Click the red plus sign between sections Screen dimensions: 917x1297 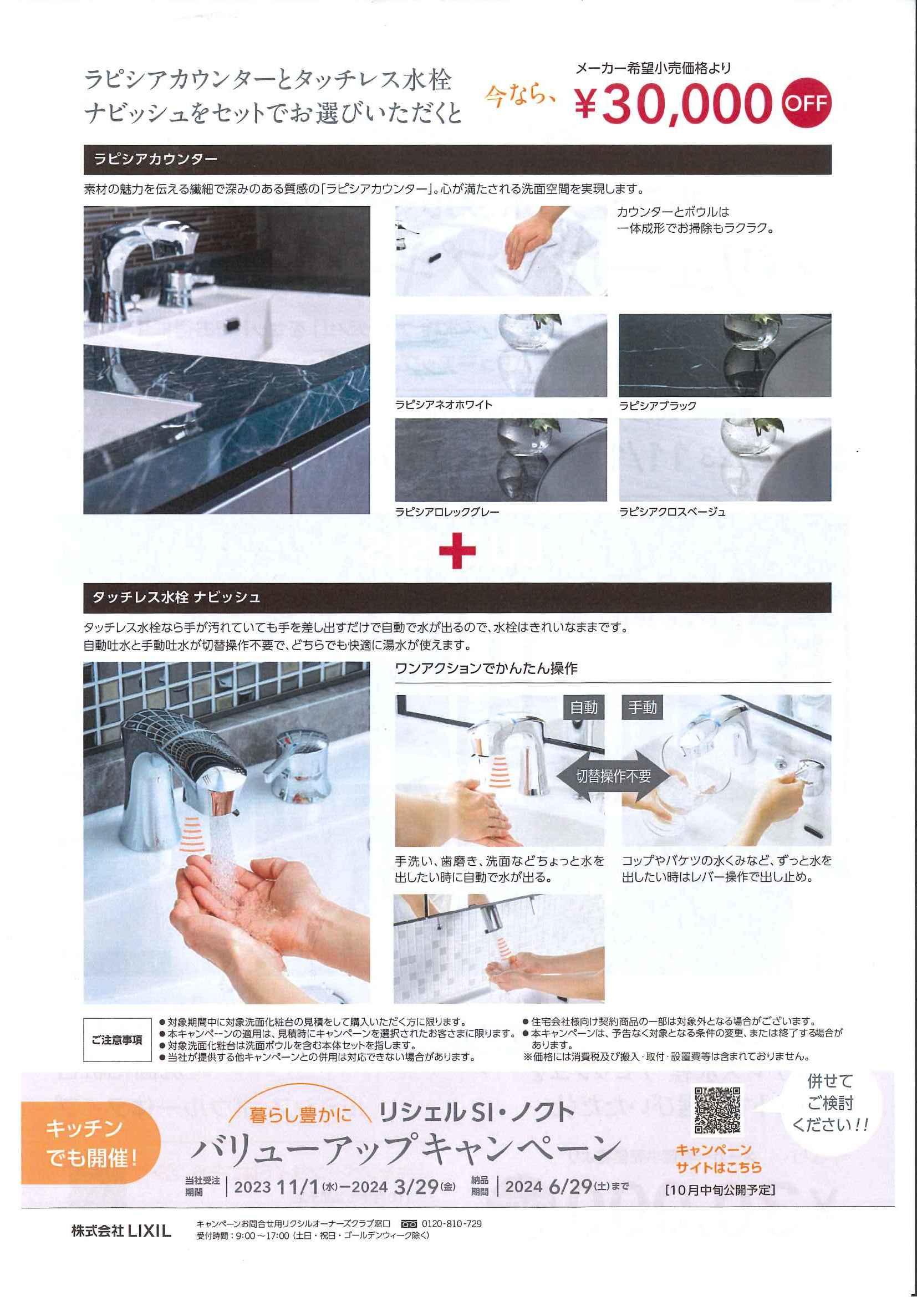click(x=457, y=549)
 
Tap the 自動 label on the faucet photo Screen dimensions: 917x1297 click(x=584, y=707)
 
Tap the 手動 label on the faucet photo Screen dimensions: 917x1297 click(x=642, y=707)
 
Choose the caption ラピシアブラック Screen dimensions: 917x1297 click(x=658, y=406)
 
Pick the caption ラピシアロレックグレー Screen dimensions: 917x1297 click(x=447, y=512)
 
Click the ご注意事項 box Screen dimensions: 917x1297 click(x=118, y=1040)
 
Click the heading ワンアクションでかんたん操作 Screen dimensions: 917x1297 click(x=486, y=669)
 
